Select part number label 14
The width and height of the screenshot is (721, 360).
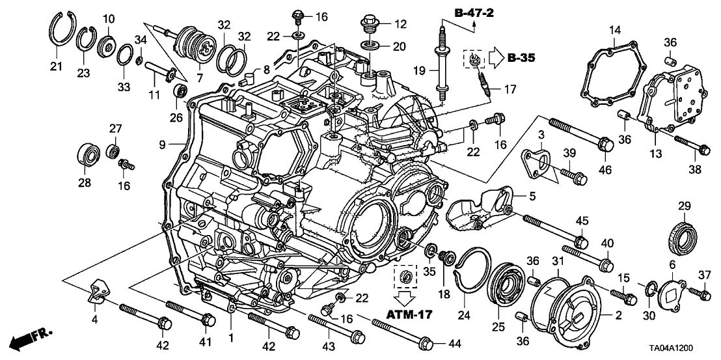616,29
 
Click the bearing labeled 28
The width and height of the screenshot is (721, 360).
87,154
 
